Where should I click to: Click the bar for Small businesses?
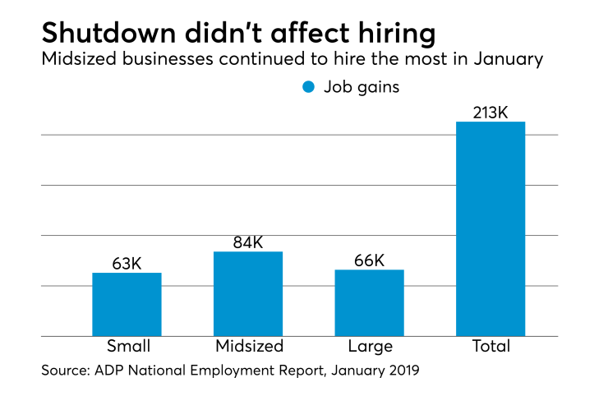pyautogui.click(x=127, y=305)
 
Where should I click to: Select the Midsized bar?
pyautogui.click(x=248, y=294)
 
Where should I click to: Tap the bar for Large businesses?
pyautogui.click(x=369, y=303)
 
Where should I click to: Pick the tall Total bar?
pyautogui.click(x=491, y=229)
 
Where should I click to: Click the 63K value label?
pyautogui.click(x=127, y=264)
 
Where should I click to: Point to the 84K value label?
pyautogui.click(x=248, y=242)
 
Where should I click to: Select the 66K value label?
pyautogui.click(x=369, y=260)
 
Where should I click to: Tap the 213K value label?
pyautogui.click(x=491, y=112)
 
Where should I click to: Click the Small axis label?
pyautogui.click(x=127, y=346)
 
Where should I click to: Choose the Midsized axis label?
pyautogui.click(x=249, y=346)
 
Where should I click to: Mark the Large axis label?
pyautogui.click(x=370, y=346)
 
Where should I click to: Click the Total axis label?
pyautogui.click(x=491, y=346)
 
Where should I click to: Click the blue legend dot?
pyautogui.click(x=309, y=86)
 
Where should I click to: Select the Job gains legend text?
pyautogui.click(x=362, y=86)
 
